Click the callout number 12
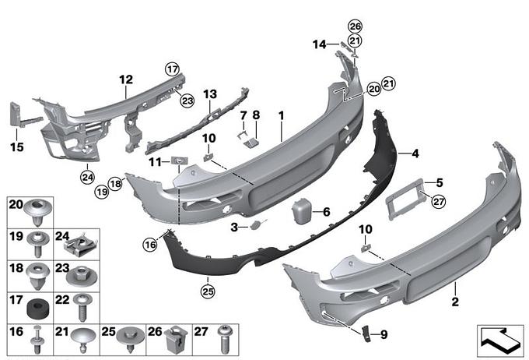tap(126, 79)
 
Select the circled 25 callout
tap(208, 291)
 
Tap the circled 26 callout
tap(355, 26)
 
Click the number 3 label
tap(233, 227)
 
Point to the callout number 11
tap(154, 161)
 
